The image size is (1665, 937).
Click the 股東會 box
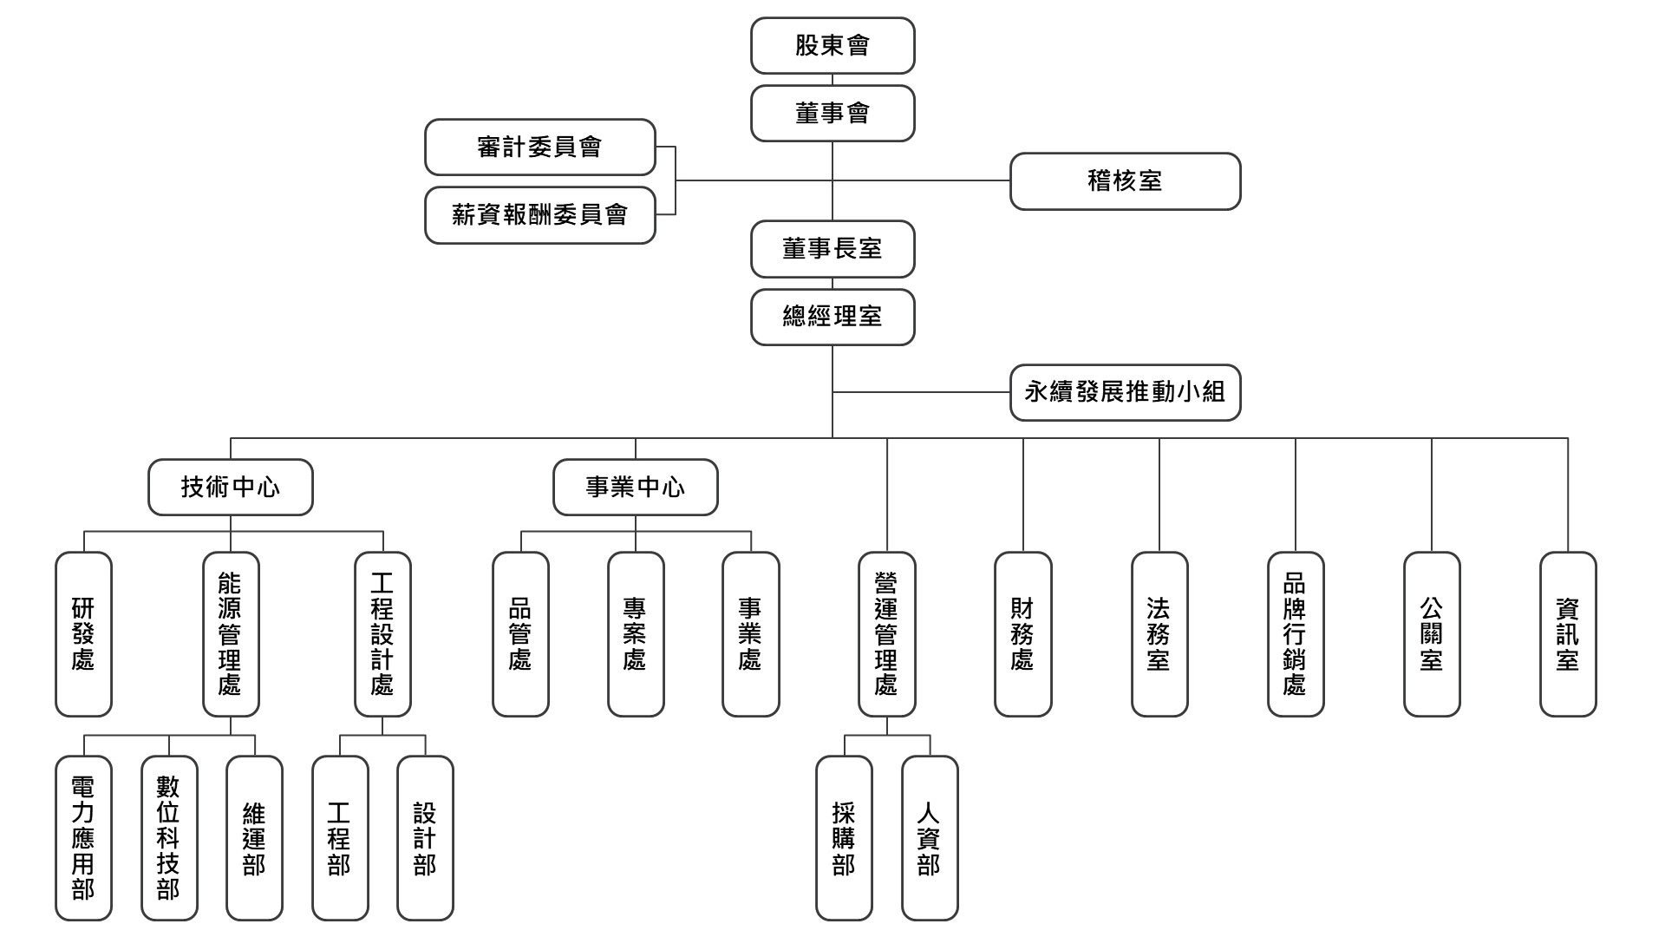tap(832, 45)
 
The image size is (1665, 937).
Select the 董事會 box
tap(832, 113)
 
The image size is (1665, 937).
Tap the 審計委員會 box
tap(539, 147)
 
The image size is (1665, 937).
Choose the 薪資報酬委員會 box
tap(539, 215)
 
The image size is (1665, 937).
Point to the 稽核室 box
tap(1125, 181)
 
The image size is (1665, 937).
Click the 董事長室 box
tap(832, 249)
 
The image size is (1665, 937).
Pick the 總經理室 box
tap(832, 317)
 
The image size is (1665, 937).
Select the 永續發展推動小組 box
tap(1125, 392)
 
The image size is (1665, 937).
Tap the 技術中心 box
tap(230, 487)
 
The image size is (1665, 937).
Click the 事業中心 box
tap(635, 487)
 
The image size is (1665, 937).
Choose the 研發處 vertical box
tap(83, 634)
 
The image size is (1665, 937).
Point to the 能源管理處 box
tap(231, 634)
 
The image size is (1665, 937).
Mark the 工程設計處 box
tap(382, 634)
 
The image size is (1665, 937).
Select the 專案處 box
tap(636, 634)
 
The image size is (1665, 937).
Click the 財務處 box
tap(1022, 634)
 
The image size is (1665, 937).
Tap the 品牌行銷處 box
tap(1296, 634)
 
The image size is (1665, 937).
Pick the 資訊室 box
tap(1568, 634)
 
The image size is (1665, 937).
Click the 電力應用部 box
tap(83, 838)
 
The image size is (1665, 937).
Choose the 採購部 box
tap(844, 838)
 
